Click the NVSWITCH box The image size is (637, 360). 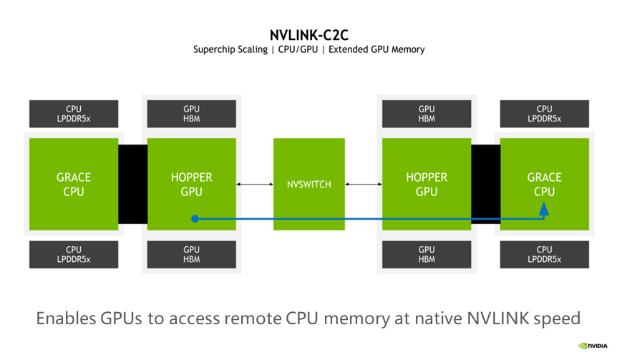pyautogui.click(x=308, y=184)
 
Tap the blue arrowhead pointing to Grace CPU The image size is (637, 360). pyautogui.click(x=544, y=209)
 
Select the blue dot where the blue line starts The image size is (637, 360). pyautogui.click(x=194, y=218)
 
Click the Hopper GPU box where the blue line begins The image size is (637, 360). pyautogui.click(x=191, y=184)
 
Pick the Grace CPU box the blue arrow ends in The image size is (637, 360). pyautogui.click(x=544, y=184)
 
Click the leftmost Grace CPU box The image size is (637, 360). pyautogui.click(x=74, y=184)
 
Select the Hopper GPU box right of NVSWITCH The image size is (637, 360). pyautogui.click(x=427, y=184)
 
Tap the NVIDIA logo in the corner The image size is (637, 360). pyautogui.click(x=593, y=345)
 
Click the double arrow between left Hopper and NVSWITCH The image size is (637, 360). pyautogui.click(x=255, y=185)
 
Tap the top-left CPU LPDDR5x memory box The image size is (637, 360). pyautogui.click(x=74, y=114)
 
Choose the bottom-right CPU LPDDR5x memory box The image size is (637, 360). pyautogui.click(x=544, y=255)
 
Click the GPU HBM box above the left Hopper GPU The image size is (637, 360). pyautogui.click(x=191, y=114)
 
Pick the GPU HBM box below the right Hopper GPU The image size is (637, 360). pyautogui.click(x=427, y=255)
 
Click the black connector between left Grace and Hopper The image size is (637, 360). pyautogui.click(x=132, y=184)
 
